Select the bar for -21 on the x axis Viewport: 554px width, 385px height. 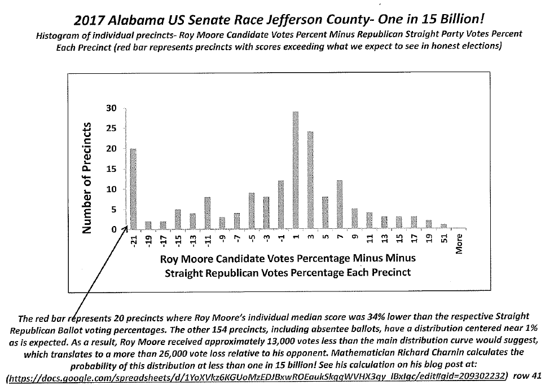point(133,189)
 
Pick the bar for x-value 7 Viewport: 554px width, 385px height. point(339,205)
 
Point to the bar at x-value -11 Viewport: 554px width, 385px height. point(207,213)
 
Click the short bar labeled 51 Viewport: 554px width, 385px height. point(443,227)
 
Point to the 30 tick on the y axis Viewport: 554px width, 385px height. point(112,108)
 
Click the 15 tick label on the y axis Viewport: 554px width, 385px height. point(112,169)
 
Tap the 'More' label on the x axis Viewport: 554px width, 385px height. point(458,243)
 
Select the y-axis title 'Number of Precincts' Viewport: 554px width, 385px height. point(87,177)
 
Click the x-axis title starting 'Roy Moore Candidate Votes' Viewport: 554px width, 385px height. point(288,259)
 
